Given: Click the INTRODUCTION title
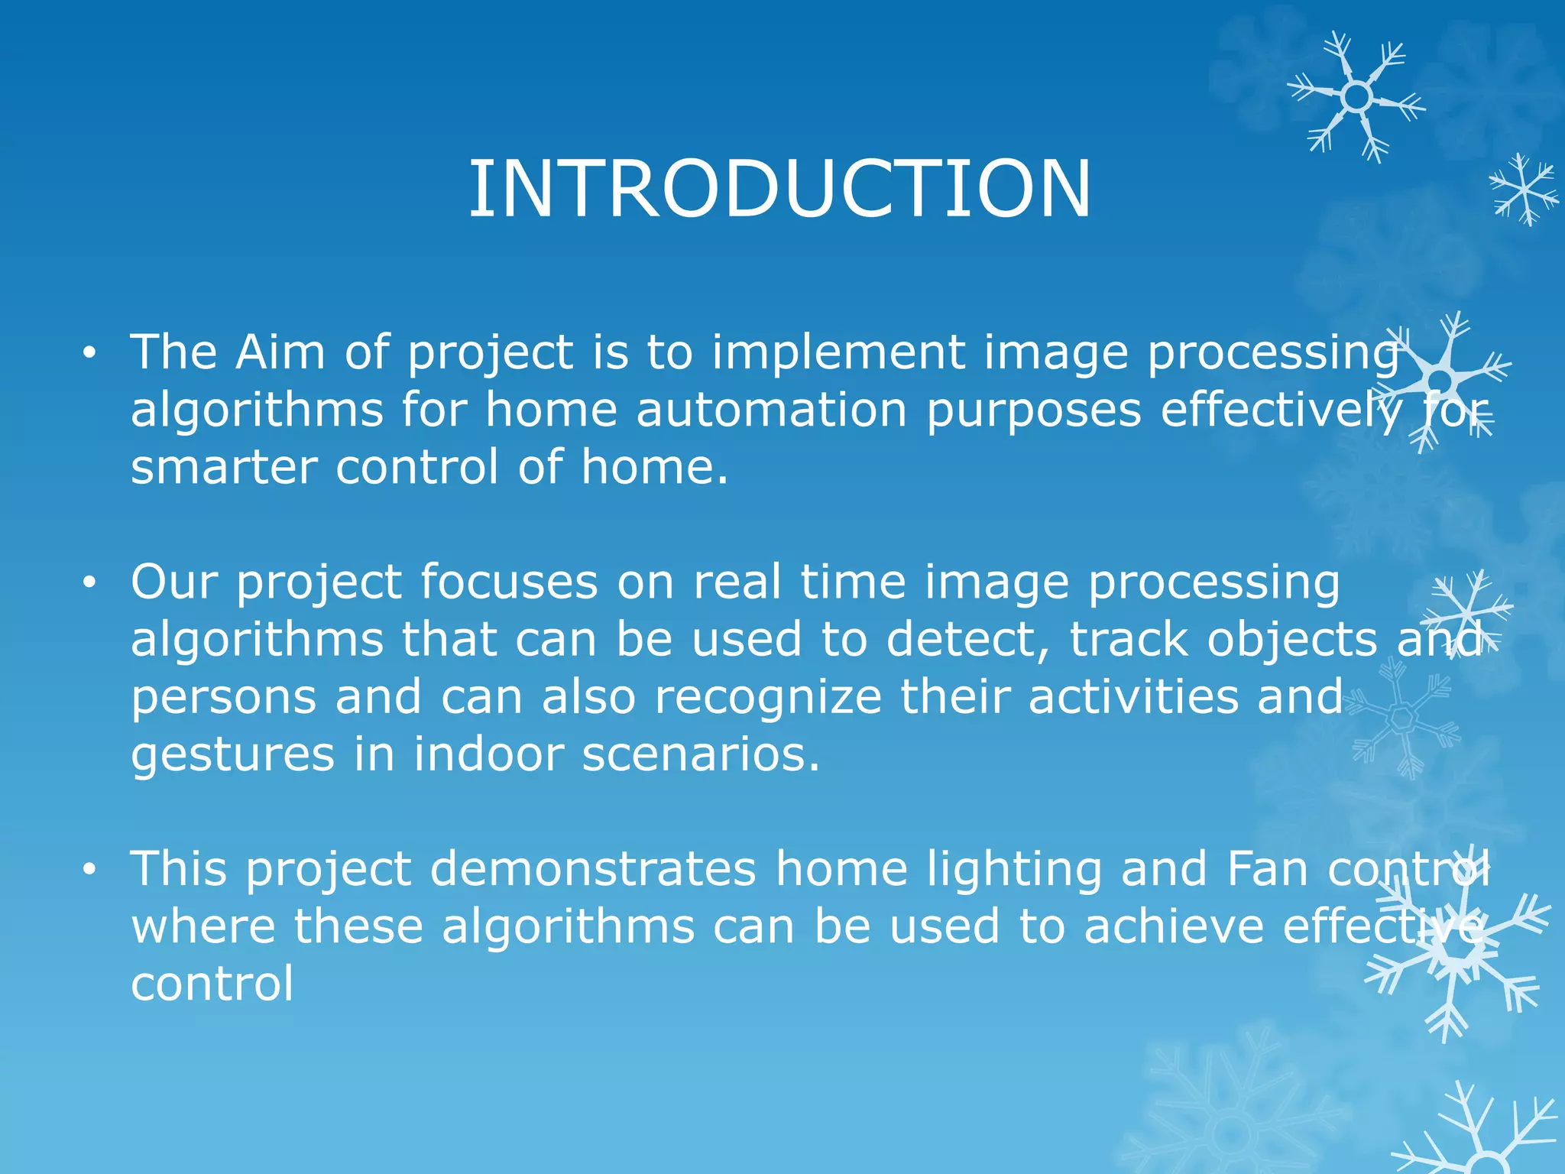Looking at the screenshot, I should coord(779,189).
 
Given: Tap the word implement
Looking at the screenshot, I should coord(838,354).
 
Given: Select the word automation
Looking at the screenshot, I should coord(771,410).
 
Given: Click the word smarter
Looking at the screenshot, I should coord(224,467).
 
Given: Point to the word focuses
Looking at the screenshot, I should coord(509,582).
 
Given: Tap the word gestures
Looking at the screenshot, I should coord(232,756).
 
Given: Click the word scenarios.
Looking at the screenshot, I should coord(701,754).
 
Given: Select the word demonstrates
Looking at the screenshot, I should coord(593,870).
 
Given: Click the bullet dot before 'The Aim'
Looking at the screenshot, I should coord(90,353).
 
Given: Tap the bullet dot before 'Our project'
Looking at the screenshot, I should coord(90,583).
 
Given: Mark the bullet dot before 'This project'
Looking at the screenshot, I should coord(90,870).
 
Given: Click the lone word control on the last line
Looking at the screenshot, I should coord(212,984).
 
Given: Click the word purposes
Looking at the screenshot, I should coord(1033,411).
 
